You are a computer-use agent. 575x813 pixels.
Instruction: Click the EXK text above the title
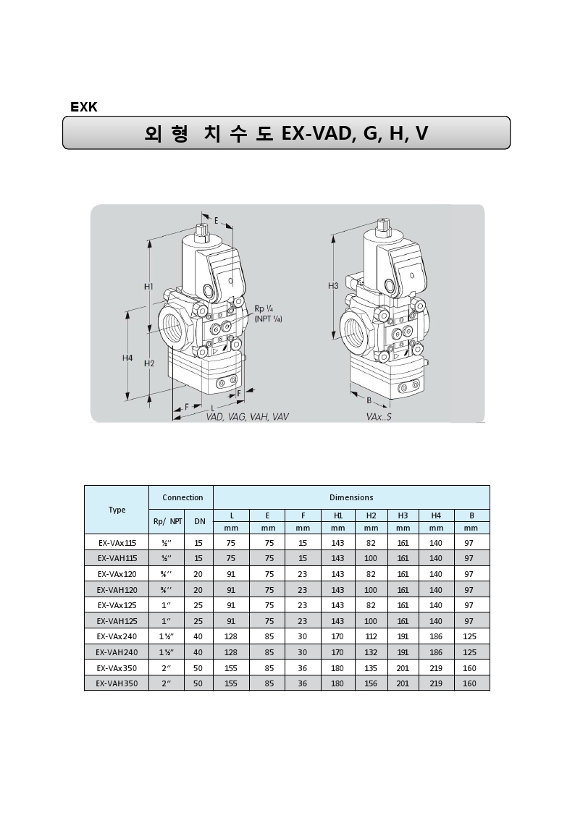84,107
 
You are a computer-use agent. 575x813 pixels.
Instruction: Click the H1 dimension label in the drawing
148,287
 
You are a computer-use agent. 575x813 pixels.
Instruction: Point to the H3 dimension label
333,286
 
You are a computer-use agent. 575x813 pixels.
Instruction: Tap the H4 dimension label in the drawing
127,358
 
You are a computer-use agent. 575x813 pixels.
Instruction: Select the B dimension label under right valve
369,400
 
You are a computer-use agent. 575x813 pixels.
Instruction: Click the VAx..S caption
379,417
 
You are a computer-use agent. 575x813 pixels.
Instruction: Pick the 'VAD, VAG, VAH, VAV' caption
247,417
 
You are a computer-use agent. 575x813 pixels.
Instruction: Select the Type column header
117,510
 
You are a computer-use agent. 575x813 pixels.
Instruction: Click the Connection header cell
182,497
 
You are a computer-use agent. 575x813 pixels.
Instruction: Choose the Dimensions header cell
351,497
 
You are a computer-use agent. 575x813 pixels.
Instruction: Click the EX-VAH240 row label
117,652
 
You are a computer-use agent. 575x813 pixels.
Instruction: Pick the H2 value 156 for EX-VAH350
371,683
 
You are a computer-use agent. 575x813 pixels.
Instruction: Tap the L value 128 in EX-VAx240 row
231,636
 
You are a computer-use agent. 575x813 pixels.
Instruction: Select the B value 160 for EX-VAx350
469,667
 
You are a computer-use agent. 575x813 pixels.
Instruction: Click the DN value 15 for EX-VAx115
198,542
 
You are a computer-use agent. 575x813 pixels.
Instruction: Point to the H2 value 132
371,652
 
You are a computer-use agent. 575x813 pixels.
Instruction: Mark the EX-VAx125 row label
117,605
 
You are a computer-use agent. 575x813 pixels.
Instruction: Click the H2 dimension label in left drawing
149,363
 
